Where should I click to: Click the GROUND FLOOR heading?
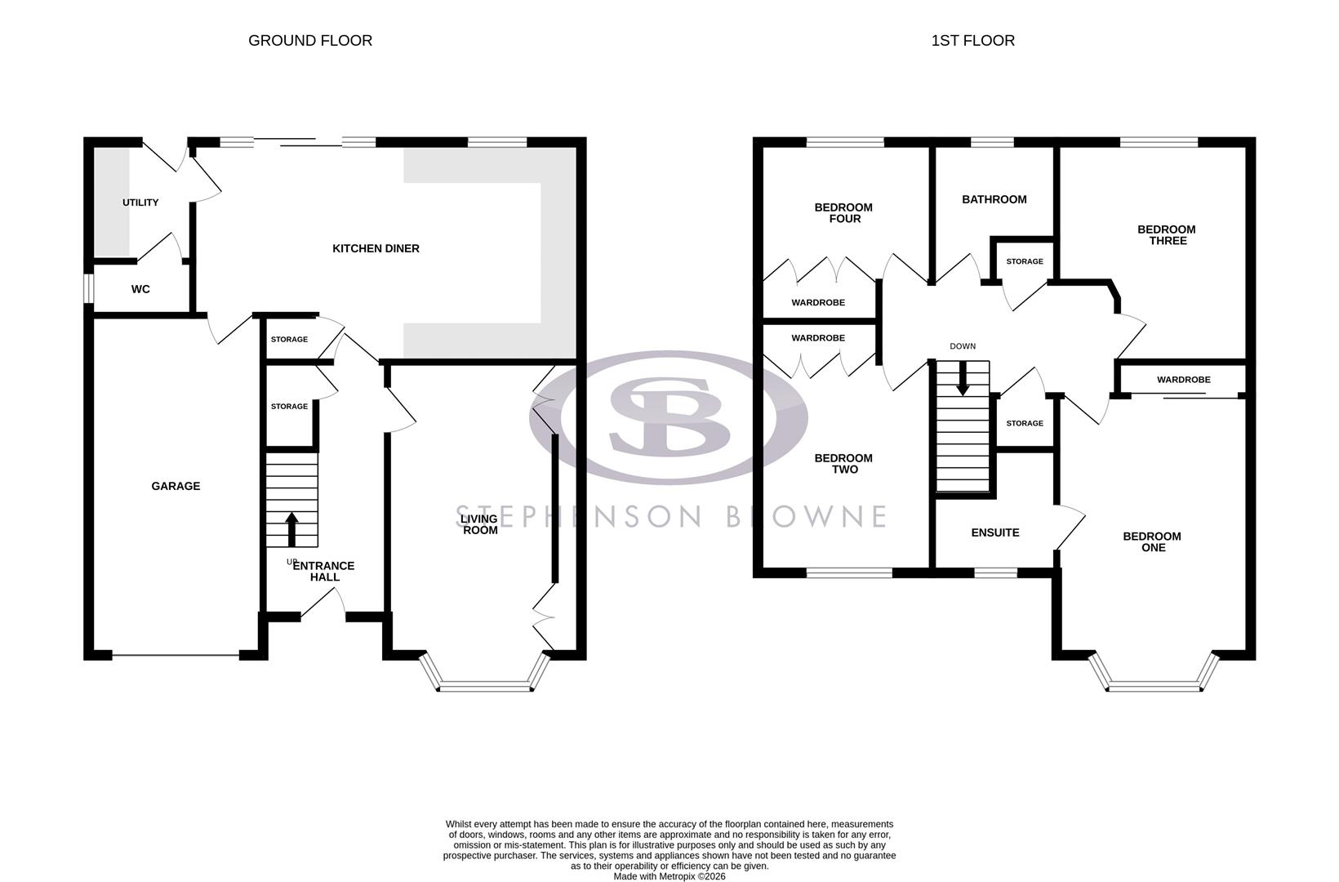click(310, 41)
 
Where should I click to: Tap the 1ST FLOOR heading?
click(972, 41)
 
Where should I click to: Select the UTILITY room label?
click(140, 203)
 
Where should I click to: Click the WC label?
click(140, 289)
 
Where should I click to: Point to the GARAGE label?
click(176, 486)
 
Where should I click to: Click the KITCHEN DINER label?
click(376, 248)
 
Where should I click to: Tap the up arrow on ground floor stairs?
click(291, 528)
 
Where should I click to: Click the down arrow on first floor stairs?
click(963, 380)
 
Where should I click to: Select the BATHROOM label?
click(994, 199)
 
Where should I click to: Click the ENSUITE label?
click(994, 532)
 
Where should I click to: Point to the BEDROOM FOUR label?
click(843, 213)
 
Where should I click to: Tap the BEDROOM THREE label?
click(1167, 235)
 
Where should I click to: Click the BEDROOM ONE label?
click(1152, 541)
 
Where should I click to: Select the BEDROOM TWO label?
click(843, 464)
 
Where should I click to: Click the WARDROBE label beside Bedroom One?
click(1183, 380)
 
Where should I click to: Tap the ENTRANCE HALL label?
click(323, 571)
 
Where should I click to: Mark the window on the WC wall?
click(88, 288)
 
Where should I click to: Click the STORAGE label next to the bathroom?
click(1024, 261)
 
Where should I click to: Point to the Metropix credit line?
click(669, 876)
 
